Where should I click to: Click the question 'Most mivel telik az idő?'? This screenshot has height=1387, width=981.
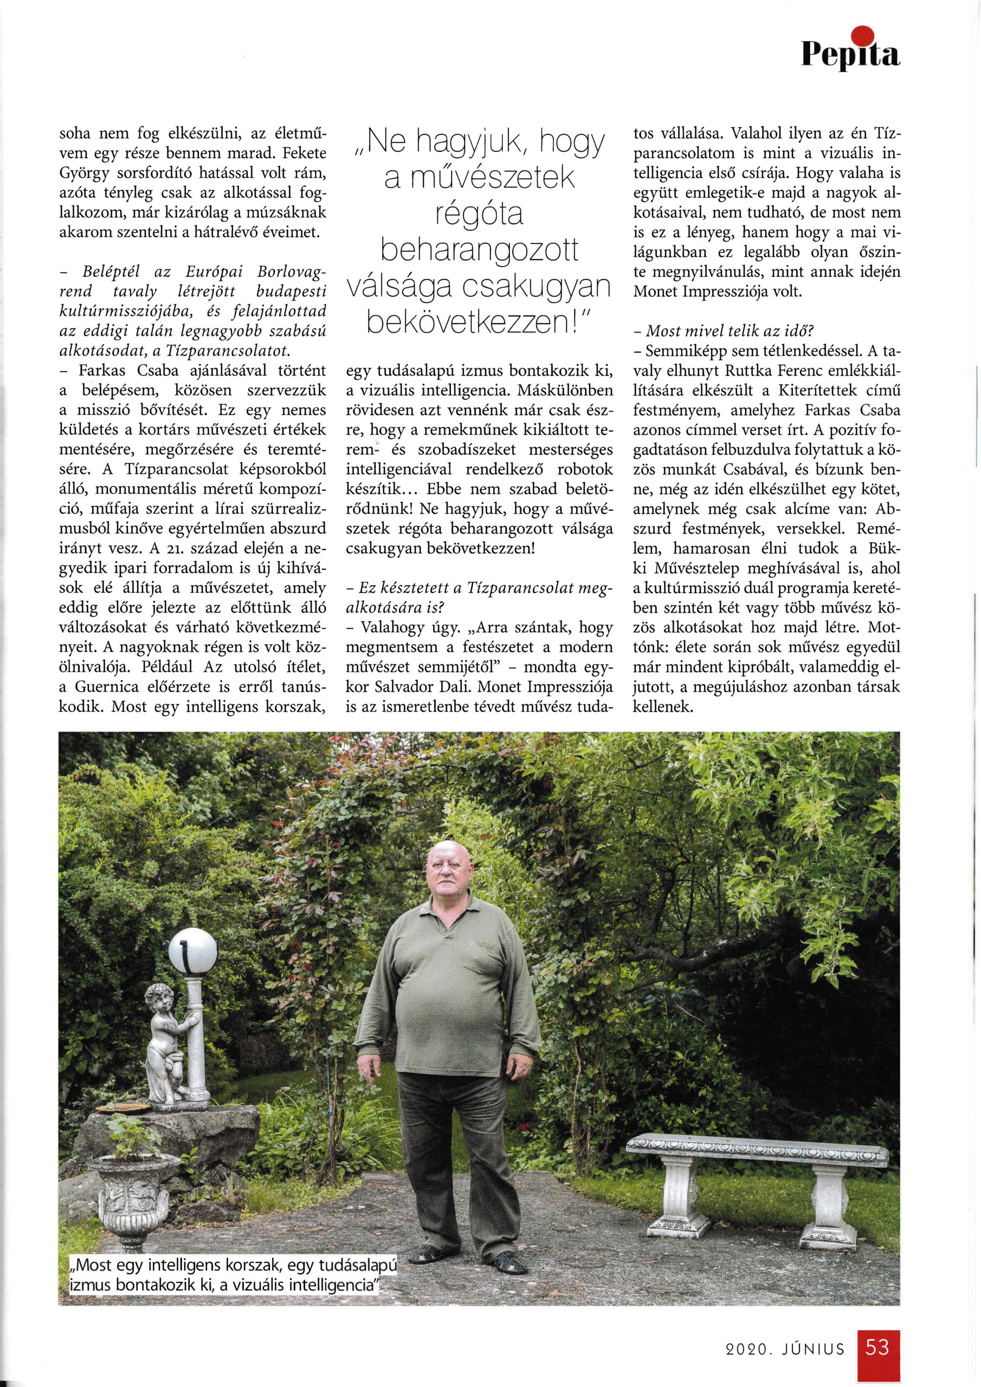pyautogui.click(x=717, y=332)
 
